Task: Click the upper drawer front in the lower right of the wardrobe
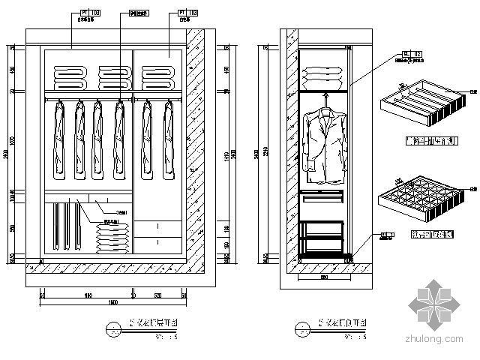(x=159, y=226)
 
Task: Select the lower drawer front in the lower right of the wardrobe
(x=159, y=242)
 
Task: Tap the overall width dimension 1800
(x=112, y=302)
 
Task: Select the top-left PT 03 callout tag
(x=82, y=13)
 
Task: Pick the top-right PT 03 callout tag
(x=188, y=13)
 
